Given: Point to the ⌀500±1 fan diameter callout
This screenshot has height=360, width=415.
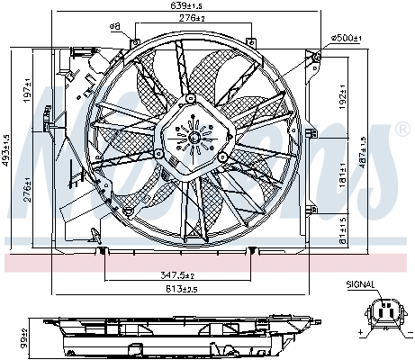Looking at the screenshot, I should (x=347, y=37).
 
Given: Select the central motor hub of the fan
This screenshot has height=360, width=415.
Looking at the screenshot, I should (x=191, y=138).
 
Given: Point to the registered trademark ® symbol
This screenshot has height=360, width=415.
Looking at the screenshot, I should (x=401, y=128).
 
